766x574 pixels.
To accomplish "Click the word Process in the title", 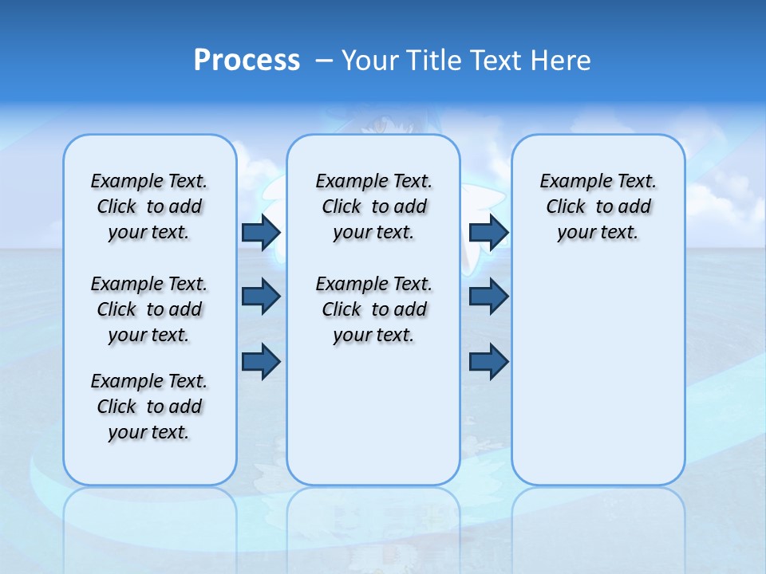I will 247,61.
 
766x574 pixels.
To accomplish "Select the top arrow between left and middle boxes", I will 261,233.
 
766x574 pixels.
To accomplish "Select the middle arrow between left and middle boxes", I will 261,297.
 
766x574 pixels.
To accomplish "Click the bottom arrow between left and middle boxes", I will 261,361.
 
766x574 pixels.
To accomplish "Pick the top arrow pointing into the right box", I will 488,233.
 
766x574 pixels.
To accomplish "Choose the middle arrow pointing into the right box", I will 488,297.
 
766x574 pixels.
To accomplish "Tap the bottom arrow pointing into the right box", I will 488,361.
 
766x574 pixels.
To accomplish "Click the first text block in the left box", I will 149,206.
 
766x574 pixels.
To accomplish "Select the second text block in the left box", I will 149,309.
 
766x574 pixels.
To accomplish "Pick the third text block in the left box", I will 149,407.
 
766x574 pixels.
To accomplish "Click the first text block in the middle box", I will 374,206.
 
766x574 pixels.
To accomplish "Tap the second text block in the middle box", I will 374,309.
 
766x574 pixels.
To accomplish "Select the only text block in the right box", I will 598,206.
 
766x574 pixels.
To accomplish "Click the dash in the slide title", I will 324,61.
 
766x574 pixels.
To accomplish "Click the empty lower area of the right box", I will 598,383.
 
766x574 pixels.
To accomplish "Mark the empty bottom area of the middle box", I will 373,423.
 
